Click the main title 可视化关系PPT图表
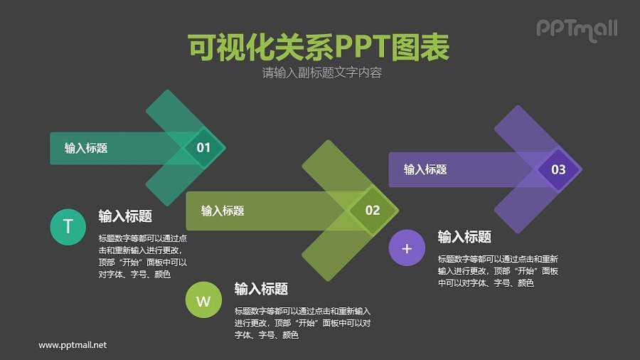(x=319, y=48)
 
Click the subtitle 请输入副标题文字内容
(x=321, y=73)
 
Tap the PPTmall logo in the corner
(x=576, y=29)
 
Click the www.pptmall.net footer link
(x=73, y=344)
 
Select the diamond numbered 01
(x=203, y=148)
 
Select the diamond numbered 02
(x=373, y=210)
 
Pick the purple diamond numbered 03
(x=558, y=169)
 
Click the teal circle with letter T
(x=68, y=227)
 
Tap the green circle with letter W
(x=203, y=300)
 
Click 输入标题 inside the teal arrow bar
(x=86, y=148)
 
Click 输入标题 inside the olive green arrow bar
(x=223, y=211)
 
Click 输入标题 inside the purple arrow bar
(x=425, y=169)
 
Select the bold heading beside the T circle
(x=125, y=216)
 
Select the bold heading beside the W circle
(x=261, y=289)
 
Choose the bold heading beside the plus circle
(x=464, y=237)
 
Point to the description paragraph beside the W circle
(x=302, y=323)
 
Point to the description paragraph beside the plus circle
(x=498, y=271)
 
